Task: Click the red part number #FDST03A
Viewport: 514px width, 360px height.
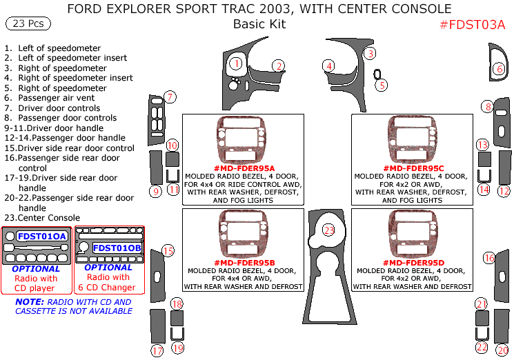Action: (473, 25)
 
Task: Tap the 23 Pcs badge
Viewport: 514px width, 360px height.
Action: (28, 23)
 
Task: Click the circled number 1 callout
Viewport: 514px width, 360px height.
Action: (236, 64)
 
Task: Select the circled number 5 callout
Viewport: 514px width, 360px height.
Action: (382, 86)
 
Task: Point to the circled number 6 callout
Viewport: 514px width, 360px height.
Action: (499, 69)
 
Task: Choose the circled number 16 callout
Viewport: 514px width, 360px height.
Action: (489, 258)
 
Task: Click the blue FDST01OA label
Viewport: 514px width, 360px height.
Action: (42, 236)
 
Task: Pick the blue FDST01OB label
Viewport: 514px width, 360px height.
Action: (117, 248)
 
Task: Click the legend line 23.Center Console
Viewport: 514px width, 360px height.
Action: (41, 218)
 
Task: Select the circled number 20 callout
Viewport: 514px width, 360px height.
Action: (502, 350)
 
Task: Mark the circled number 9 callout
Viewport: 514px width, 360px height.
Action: (156, 191)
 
